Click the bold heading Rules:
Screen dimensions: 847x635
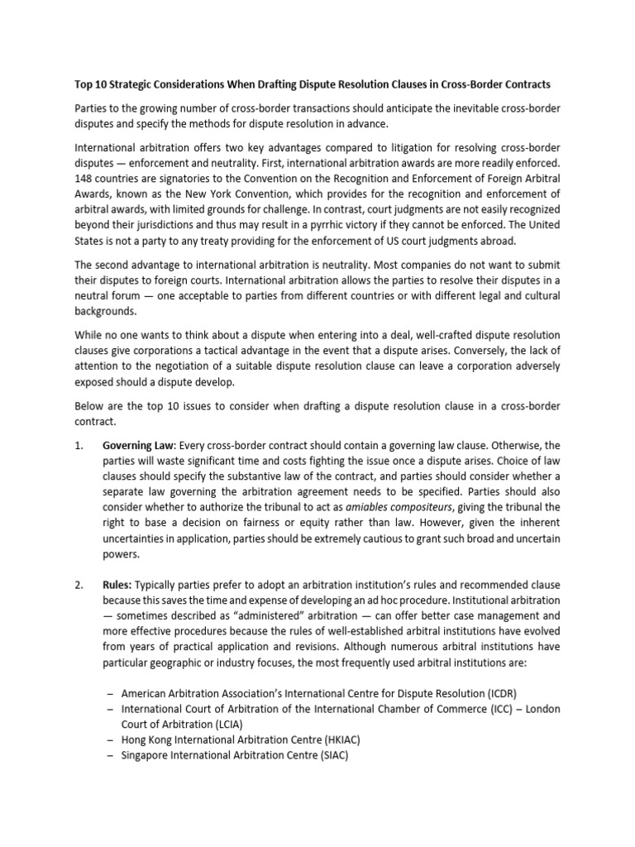click(121, 586)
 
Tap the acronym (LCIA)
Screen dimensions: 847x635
click(216, 723)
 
